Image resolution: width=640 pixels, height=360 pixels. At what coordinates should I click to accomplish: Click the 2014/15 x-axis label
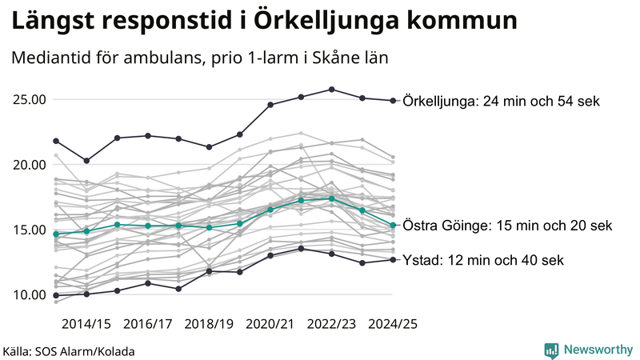[86, 324]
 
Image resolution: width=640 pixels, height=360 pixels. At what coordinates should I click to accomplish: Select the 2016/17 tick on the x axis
[148, 324]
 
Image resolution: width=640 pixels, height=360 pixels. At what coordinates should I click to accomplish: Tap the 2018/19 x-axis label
[209, 324]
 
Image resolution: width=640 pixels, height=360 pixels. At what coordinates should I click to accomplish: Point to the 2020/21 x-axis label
[270, 324]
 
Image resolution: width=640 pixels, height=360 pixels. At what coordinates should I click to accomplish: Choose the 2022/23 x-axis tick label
[331, 324]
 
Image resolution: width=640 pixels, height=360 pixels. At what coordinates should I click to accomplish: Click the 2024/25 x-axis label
[392, 324]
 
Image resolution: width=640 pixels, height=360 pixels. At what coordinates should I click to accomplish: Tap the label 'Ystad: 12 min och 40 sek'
[483, 260]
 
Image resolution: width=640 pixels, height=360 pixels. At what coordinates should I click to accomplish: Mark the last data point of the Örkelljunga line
[393, 101]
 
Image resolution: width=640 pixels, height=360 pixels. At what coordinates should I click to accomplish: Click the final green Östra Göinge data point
[393, 225]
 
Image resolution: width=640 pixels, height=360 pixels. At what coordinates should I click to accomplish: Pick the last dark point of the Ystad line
[393, 259]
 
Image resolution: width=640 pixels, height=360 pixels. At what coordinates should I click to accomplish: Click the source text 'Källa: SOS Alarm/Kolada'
[69, 351]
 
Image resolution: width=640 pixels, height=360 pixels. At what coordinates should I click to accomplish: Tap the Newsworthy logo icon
[551, 350]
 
